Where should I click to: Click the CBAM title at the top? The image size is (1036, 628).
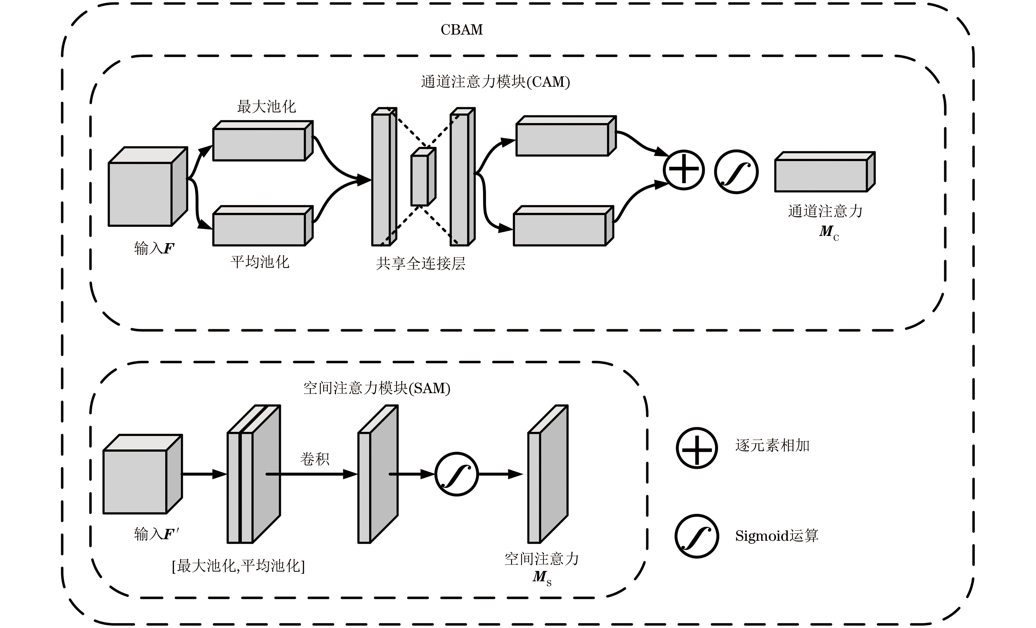click(x=461, y=30)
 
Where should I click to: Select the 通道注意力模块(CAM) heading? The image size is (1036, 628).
click(x=495, y=82)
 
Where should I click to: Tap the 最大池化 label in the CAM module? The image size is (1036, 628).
click(x=266, y=107)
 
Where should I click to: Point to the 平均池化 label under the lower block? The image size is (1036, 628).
click(x=260, y=262)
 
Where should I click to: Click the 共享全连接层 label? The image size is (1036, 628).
click(x=420, y=264)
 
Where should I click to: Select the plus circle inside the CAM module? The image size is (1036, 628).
click(x=684, y=170)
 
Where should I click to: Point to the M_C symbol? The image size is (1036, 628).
click(x=828, y=232)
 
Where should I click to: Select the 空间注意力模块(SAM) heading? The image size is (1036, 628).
click(x=377, y=388)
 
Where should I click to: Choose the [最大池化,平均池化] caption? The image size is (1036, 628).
click(x=238, y=566)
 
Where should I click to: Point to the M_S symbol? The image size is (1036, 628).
click(x=541, y=577)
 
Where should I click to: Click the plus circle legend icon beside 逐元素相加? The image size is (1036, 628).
click(x=697, y=448)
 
